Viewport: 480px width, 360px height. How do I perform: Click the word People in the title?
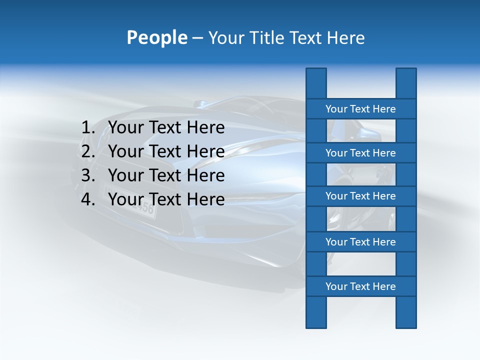pyautogui.click(x=156, y=37)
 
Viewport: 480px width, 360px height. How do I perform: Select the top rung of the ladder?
pyautogui.click(x=360, y=109)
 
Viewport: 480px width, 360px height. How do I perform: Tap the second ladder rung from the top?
pyautogui.click(x=360, y=153)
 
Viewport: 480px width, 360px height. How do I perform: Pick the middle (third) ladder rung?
pyautogui.click(x=360, y=196)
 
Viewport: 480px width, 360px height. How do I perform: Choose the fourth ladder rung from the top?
pyautogui.click(x=360, y=242)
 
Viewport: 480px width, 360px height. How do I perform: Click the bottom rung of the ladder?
pyautogui.click(x=360, y=286)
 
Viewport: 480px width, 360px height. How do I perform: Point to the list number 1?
pyautogui.click(x=87, y=128)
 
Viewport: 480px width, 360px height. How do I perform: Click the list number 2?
pyautogui.click(x=87, y=151)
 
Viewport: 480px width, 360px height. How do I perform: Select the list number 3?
pyautogui.click(x=87, y=175)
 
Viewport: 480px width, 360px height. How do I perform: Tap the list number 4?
pyautogui.click(x=87, y=199)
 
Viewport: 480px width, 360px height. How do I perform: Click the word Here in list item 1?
pyautogui.click(x=205, y=128)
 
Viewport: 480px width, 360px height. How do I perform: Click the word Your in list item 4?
pyautogui.click(x=125, y=199)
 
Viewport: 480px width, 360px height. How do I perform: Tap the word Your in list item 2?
pyautogui.click(x=125, y=151)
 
